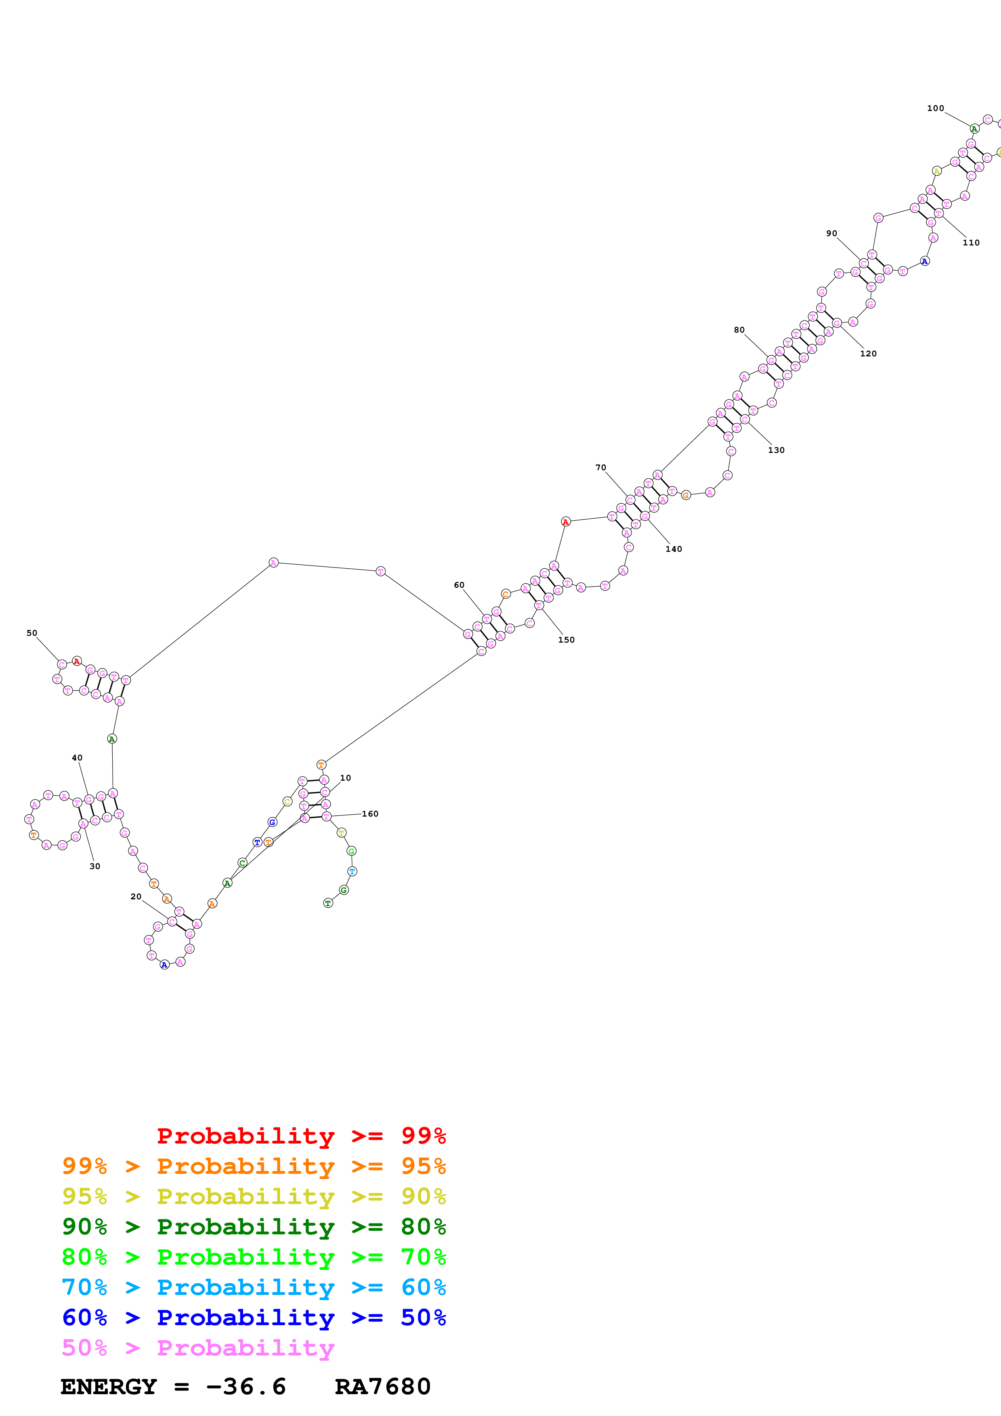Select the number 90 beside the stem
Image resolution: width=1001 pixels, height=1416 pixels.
(x=831, y=234)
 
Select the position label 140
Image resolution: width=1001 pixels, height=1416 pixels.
(x=674, y=549)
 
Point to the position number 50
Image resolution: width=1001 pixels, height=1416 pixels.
(x=32, y=633)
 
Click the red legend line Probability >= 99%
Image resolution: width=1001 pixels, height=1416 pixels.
(x=301, y=1136)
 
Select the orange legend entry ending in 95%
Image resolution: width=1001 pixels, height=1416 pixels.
(x=254, y=1166)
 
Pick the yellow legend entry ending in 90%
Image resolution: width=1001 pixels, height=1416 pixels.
(x=254, y=1196)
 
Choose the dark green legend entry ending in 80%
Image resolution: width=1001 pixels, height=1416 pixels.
(x=254, y=1227)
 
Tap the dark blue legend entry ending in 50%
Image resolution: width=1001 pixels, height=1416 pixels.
(x=254, y=1318)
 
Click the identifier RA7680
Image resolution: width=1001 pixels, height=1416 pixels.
(x=382, y=1387)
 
